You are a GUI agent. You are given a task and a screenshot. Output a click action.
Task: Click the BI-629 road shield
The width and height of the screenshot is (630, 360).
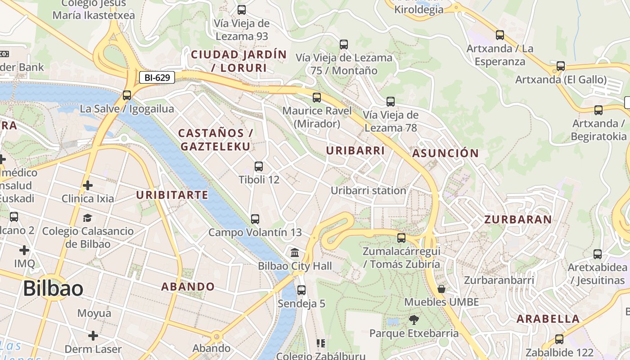[157, 78]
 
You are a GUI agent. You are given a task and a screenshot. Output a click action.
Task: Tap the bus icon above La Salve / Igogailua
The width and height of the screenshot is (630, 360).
[127, 95]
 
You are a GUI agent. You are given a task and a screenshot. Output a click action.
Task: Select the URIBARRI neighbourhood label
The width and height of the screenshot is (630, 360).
[355, 151]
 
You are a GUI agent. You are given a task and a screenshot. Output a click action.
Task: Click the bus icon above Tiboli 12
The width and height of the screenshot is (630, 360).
[259, 166]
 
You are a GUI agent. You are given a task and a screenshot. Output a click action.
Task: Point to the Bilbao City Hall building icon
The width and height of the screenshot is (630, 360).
[295, 252]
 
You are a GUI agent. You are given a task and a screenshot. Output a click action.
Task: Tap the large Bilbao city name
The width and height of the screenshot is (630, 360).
[53, 288]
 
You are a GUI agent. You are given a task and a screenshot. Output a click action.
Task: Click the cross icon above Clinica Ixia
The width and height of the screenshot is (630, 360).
[88, 185]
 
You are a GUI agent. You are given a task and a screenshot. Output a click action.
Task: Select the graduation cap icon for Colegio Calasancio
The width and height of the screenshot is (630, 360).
[87, 218]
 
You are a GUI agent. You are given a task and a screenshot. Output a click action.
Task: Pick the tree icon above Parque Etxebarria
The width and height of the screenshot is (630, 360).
[414, 320]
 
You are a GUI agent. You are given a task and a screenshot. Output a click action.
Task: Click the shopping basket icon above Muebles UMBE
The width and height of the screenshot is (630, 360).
[441, 288]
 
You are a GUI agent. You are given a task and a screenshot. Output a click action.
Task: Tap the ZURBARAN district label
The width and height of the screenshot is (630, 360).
[518, 220]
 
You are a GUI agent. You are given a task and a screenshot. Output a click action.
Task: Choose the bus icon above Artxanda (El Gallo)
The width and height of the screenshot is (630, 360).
[561, 66]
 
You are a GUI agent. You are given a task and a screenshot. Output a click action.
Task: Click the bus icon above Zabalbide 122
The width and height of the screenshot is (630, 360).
[559, 339]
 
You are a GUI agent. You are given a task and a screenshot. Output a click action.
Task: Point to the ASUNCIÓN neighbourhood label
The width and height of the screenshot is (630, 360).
[445, 153]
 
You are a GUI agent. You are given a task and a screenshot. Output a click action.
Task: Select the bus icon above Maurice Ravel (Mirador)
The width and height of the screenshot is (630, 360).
[317, 97]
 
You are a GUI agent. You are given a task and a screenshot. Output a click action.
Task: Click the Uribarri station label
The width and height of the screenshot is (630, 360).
[369, 191]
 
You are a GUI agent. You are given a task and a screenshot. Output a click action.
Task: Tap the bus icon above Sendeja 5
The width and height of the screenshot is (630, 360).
[301, 290]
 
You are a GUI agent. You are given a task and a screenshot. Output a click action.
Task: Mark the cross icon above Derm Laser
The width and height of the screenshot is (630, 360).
[93, 336]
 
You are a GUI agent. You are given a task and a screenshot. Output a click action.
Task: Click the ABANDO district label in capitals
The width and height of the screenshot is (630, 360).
[188, 287]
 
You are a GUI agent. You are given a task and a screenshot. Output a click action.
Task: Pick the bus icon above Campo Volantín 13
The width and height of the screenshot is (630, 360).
[255, 219]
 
